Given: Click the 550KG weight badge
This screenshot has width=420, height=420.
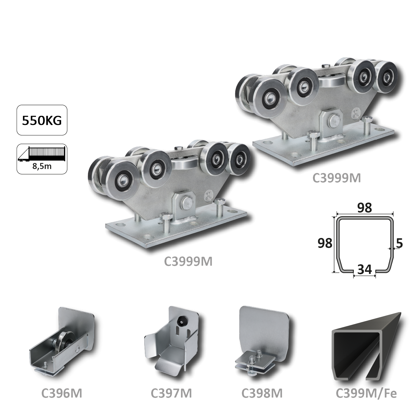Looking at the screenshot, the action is tap(42, 120).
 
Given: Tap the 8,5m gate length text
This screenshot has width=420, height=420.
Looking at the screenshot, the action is tap(42, 166).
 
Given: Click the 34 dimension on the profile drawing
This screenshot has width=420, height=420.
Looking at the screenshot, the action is tap(364, 270).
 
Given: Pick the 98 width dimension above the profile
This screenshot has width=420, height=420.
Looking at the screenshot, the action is tap(364, 208).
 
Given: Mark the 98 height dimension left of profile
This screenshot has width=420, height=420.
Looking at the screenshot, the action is tap(325, 243).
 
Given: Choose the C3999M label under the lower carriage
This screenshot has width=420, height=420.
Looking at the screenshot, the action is tap(188, 262).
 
